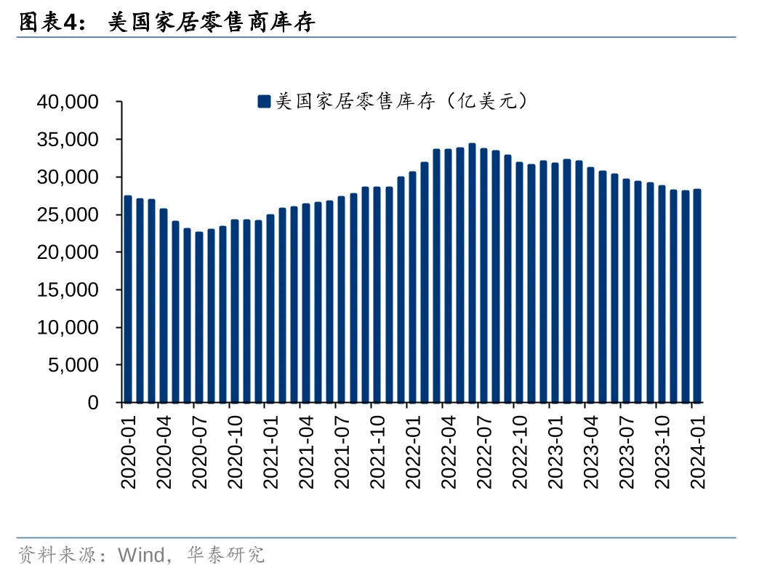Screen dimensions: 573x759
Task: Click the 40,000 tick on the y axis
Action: [68, 102]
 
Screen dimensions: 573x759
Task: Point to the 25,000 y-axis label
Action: [68, 215]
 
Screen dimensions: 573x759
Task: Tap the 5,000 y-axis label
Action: [72, 365]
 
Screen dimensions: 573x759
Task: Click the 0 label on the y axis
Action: [93, 403]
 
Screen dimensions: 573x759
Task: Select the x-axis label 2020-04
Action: [164, 446]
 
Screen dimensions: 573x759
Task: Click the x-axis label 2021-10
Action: [377, 446]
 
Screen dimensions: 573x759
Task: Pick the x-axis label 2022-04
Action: [449, 446]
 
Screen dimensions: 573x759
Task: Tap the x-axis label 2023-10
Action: [662, 446]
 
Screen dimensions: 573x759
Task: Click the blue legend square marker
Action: [264, 102]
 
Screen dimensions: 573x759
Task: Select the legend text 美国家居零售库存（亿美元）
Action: [400, 102]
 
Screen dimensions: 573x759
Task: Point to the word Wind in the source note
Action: [141, 556]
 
